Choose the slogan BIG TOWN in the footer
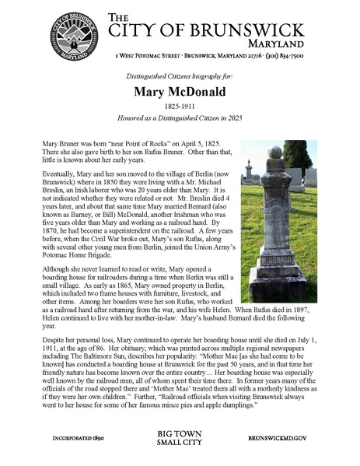coord(180,433)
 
